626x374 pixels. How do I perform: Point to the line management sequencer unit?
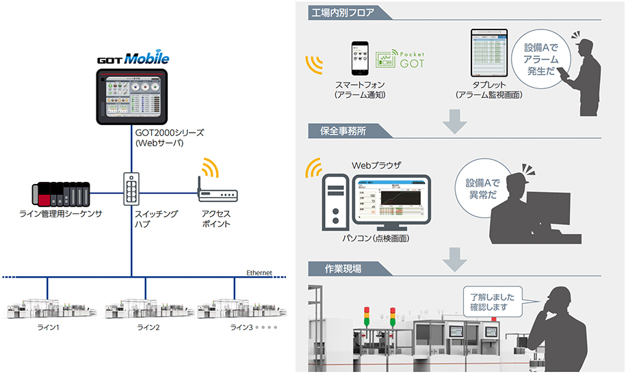pos(62,194)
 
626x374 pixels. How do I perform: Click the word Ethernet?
pos(259,273)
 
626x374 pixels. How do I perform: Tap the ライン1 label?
pos(48,328)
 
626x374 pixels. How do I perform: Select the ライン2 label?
pos(148,328)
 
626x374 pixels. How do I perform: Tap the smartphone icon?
pos(360,60)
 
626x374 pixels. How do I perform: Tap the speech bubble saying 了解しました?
pos(493,302)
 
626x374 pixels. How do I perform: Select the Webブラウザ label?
pos(376,165)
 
